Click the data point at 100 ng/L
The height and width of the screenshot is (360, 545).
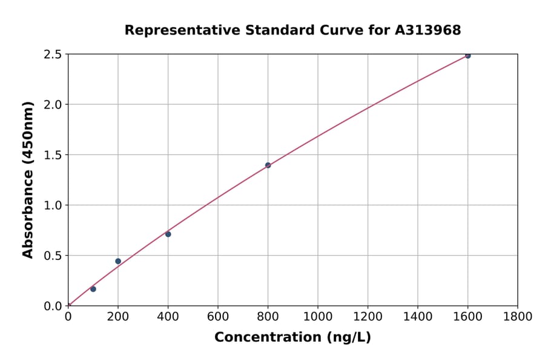pyautogui.click(x=93, y=289)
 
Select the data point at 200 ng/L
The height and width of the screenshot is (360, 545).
pyautogui.click(x=118, y=261)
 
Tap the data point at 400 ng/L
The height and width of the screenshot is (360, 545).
pyautogui.click(x=168, y=234)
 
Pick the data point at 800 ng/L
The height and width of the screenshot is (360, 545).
pyautogui.click(x=268, y=165)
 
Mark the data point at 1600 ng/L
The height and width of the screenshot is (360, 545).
pyautogui.click(x=467, y=56)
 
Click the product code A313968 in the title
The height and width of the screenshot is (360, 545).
pyautogui.click(x=428, y=30)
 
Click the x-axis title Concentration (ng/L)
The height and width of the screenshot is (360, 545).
pyautogui.click(x=292, y=338)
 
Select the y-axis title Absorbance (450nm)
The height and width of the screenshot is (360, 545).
pyautogui.click(x=28, y=179)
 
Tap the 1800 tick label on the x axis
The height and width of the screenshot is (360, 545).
pyautogui.click(x=518, y=317)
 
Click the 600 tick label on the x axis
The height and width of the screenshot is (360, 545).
pyautogui.click(x=218, y=317)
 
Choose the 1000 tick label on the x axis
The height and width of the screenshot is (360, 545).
pyautogui.click(x=318, y=317)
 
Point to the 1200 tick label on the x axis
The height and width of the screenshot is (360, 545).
pyautogui.click(x=368, y=317)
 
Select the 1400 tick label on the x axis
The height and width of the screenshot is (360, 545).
pyautogui.click(x=418, y=317)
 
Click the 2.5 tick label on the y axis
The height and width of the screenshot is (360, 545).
pyautogui.click(x=53, y=55)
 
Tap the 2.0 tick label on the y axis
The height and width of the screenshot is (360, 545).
pyautogui.click(x=53, y=105)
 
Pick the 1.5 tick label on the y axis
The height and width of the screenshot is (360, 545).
pyautogui.click(x=53, y=155)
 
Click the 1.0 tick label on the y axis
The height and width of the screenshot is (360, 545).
pyautogui.click(x=53, y=205)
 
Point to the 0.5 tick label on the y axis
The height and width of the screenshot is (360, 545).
pyautogui.click(x=53, y=256)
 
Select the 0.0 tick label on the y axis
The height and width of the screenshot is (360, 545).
pyautogui.click(x=53, y=306)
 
